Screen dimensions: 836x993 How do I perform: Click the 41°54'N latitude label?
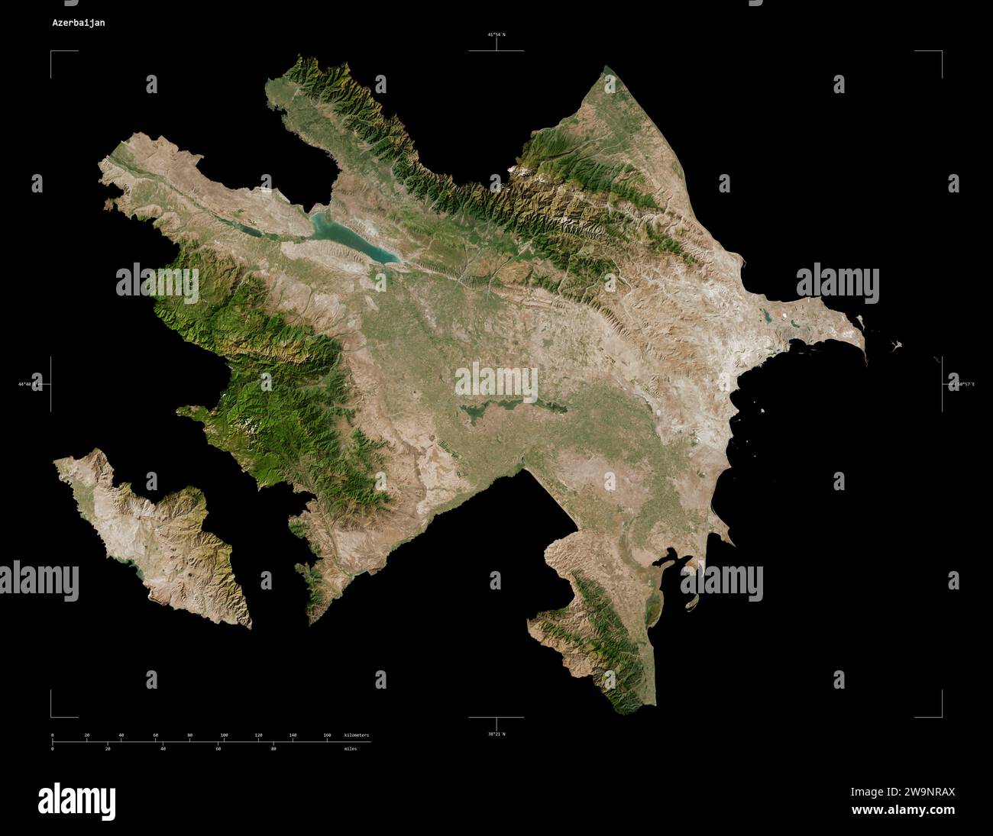(496, 34)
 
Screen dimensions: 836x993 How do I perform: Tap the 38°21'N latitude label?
(496, 734)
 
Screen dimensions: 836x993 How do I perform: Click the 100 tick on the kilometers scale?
(224, 735)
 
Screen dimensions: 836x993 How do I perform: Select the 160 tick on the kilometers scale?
(327, 735)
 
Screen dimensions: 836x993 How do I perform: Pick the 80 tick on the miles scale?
(273, 748)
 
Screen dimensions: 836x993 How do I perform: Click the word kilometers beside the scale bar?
(357, 735)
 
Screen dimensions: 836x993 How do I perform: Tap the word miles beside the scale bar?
(350, 748)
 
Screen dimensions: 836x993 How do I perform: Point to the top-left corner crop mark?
(52, 52)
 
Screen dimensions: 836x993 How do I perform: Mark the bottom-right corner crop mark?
(941, 716)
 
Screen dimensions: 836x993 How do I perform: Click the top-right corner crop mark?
(941, 52)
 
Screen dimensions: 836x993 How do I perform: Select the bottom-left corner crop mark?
(52, 716)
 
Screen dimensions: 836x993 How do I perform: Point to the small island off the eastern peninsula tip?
(896, 345)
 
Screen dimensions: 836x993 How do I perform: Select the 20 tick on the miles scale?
(108, 748)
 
